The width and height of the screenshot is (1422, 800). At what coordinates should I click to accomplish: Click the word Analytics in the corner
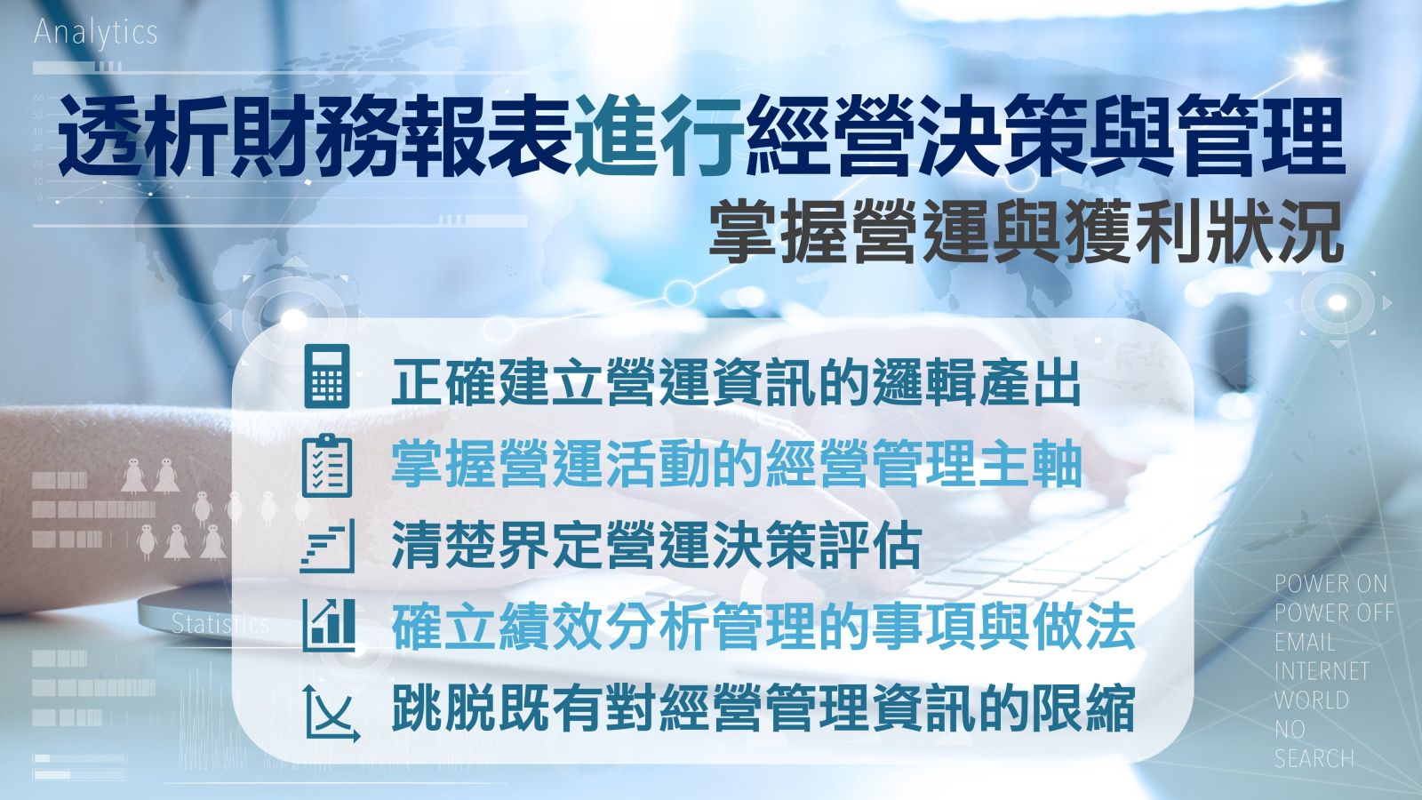coord(95,33)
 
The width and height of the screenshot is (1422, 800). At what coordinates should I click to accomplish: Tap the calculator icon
coord(327,376)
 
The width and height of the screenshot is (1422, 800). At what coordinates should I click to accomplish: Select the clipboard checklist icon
coord(327,466)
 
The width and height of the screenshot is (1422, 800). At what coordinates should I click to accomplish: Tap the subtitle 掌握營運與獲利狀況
coord(1027,231)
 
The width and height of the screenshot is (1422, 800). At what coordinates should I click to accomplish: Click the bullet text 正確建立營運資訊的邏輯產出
coord(737,383)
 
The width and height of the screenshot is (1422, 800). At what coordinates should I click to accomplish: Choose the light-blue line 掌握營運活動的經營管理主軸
coord(737,463)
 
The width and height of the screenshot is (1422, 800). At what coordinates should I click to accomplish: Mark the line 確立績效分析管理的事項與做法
coord(763,627)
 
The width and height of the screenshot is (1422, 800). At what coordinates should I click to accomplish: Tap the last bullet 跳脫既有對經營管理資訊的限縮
coord(763,708)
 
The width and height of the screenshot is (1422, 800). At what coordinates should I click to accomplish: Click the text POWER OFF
coord(1334,612)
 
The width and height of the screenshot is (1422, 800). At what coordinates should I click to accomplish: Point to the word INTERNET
coord(1322,671)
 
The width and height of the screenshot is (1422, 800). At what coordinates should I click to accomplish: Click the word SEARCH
coord(1314,759)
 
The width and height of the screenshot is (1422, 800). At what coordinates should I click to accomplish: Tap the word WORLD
coord(1312,700)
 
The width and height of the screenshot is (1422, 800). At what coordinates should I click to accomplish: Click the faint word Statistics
coord(221,625)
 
